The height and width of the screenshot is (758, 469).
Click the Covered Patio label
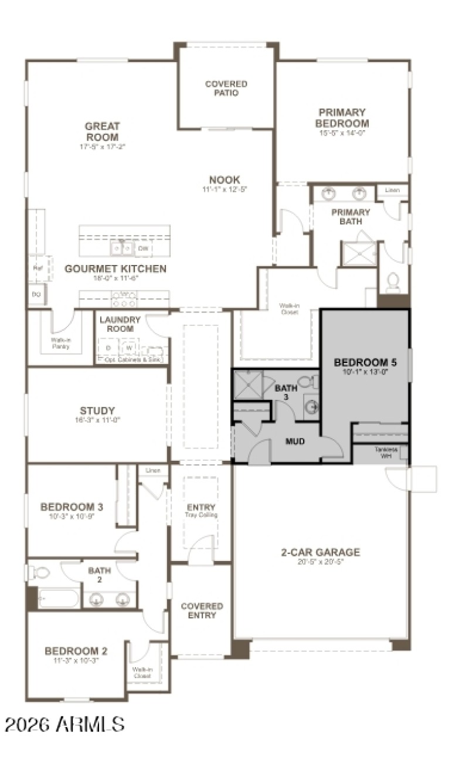click(226, 88)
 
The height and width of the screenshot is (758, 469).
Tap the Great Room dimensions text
click(103, 147)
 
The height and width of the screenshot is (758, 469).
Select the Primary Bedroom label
click(342, 117)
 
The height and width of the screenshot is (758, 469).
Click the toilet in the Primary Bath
click(393, 283)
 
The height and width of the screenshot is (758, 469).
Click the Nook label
click(225, 179)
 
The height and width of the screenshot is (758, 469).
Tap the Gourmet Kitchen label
click(115, 269)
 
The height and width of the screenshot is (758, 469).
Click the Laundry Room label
click(120, 324)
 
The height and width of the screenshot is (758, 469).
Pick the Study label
click(97, 410)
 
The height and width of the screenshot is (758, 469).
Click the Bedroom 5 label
click(365, 362)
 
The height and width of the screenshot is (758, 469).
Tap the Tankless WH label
click(386, 452)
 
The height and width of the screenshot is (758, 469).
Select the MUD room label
click(295, 441)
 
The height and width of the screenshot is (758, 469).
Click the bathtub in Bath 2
click(57, 599)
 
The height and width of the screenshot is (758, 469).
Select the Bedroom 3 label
click(67, 507)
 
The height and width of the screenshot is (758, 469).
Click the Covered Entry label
click(201, 610)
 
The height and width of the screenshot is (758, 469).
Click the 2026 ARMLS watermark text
click(64, 723)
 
